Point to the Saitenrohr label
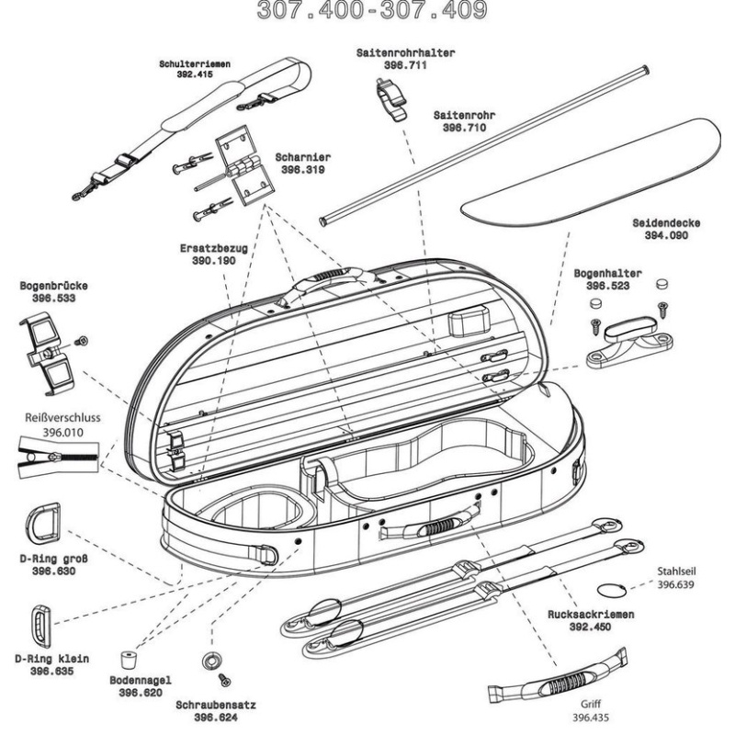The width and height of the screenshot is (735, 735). pos(463,117)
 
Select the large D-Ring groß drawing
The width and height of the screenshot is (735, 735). pos(45,523)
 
